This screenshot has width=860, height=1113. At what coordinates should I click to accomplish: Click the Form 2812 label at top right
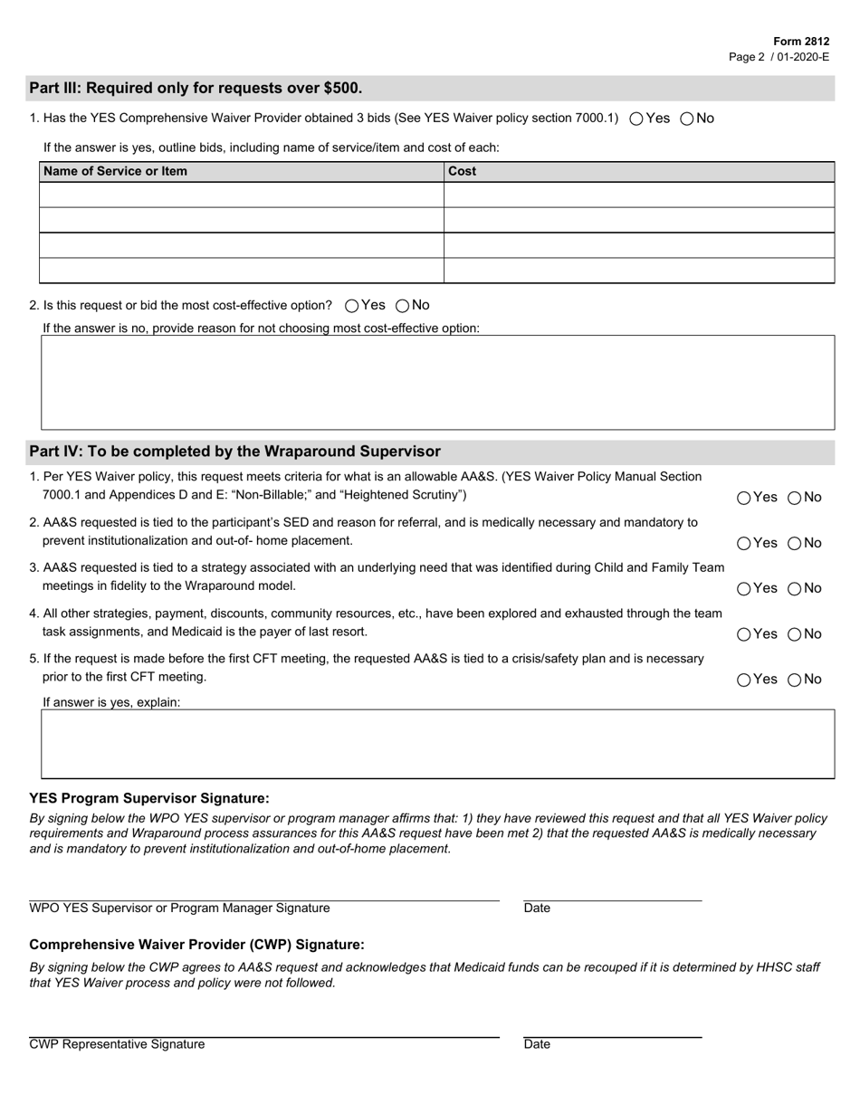pos(801,42)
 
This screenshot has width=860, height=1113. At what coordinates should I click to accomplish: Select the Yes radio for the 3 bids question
pos(636,119)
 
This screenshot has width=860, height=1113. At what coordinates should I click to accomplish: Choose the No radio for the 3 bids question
pos(687,119)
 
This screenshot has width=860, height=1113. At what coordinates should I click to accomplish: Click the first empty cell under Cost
pos(638,195)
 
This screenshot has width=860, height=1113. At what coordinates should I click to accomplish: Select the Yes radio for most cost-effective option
pos(352,306)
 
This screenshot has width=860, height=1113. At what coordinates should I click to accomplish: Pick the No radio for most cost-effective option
pos(403,306)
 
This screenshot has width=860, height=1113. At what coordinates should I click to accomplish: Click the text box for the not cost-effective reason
pos(437,382)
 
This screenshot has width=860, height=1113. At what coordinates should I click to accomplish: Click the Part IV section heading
pos(235,452)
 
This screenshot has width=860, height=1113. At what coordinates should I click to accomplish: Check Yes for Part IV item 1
pos(744,498)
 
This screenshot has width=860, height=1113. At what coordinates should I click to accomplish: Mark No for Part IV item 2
pos(795,543)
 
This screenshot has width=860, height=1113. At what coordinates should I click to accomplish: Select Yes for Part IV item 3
pos(744,588)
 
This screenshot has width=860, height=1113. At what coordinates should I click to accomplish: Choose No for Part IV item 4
pos(795,634)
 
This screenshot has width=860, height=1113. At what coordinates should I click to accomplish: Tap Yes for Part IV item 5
pos(744,680)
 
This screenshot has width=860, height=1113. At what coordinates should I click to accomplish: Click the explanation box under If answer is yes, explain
pos(437,744)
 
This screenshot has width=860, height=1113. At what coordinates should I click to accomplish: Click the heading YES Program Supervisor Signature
pos(149,798)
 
